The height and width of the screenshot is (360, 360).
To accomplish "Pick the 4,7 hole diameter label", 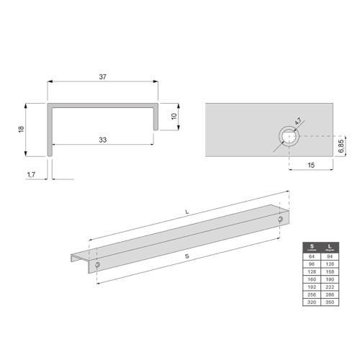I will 297,123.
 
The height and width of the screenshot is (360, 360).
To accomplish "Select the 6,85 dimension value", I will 341,147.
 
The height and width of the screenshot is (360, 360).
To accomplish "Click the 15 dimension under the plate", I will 311,165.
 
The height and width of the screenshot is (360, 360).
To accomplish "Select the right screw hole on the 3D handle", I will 281,219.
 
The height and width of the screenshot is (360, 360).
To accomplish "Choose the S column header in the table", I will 312,247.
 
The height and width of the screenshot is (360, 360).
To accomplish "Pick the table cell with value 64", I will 312,256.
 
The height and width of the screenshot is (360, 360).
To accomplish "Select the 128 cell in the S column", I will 312,272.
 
